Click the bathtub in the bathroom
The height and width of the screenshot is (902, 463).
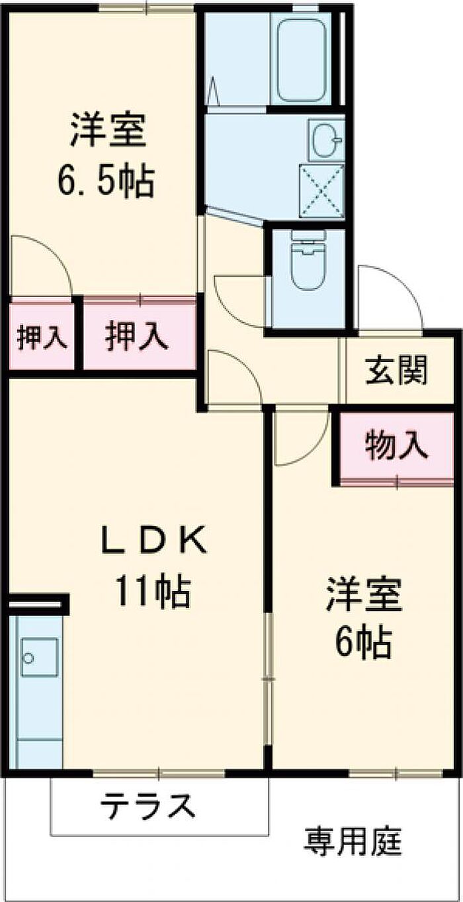click(x=301, y=60)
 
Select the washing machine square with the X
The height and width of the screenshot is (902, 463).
click(x=322, y=191)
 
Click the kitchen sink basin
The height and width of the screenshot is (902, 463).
click(x=39, y=657)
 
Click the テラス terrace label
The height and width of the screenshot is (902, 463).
click(x=148, y=806)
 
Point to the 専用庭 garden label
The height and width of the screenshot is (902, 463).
click(x=353, y=842)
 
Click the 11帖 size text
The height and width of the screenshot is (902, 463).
click(x=153, y=591)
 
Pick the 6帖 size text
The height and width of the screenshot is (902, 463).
click(x=362, y=641)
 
